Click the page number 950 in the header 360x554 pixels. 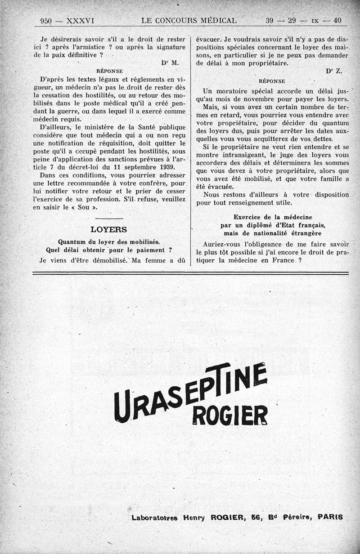(46, 21)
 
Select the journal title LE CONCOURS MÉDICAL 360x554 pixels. (189, 21)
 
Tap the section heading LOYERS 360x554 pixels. (108, 229)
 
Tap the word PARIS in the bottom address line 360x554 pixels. (330, 518)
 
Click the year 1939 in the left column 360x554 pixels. (164, 167)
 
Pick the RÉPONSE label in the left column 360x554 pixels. (109, 71)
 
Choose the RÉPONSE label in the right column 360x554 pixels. (272, 81)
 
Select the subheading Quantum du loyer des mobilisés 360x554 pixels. (109, 241)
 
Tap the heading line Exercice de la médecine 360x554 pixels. (273, 217)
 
